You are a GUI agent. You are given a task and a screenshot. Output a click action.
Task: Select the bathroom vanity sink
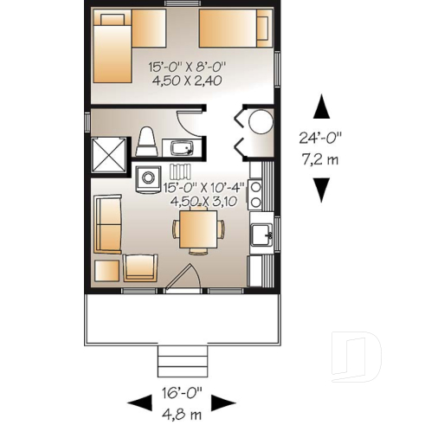point(183,148)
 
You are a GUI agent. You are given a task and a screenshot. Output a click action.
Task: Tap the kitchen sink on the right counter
point(259,235)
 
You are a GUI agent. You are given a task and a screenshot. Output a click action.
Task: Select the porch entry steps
point(183,358)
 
